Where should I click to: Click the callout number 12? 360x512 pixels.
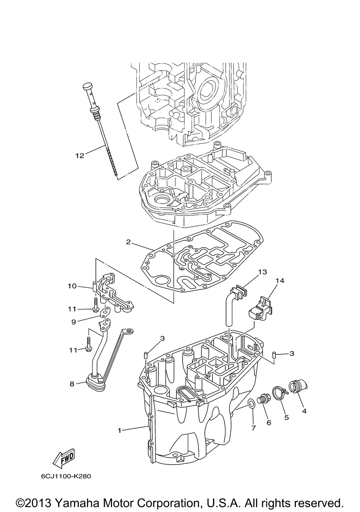coord(79,155)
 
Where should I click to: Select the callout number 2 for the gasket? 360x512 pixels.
coord(128,242)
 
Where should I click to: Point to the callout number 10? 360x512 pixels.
coord(72,286)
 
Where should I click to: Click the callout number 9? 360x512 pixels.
coord(73,322)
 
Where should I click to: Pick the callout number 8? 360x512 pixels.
coord(72,384)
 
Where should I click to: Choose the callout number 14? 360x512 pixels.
coord(280,281)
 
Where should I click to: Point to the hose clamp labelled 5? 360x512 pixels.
coord(280,393)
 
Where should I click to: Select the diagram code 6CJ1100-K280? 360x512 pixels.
coord(66,476)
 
